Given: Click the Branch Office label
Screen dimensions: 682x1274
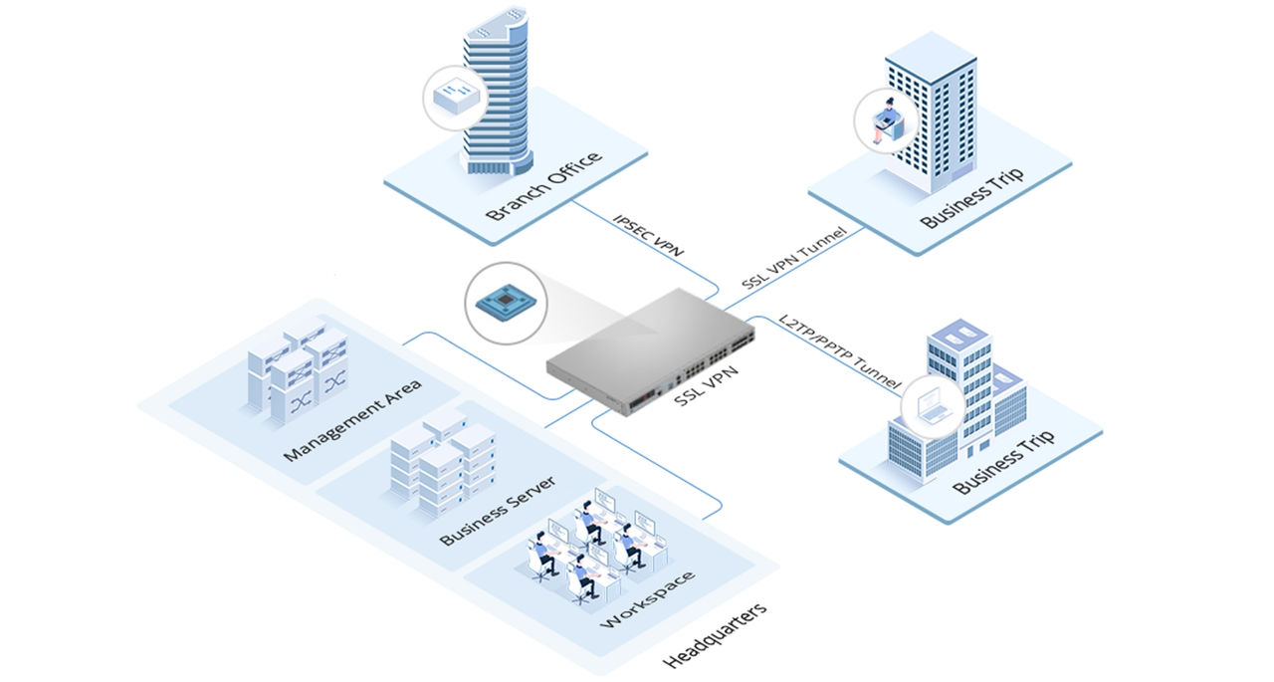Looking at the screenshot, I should pos(543,186).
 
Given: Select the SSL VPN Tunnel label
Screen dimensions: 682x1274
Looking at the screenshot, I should pos(793,258).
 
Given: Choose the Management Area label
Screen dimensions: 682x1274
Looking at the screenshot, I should pos(351,419).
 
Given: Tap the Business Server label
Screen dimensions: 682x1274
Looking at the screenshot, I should pos(497,511).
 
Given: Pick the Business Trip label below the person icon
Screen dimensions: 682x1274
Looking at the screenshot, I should pos(971,199).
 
